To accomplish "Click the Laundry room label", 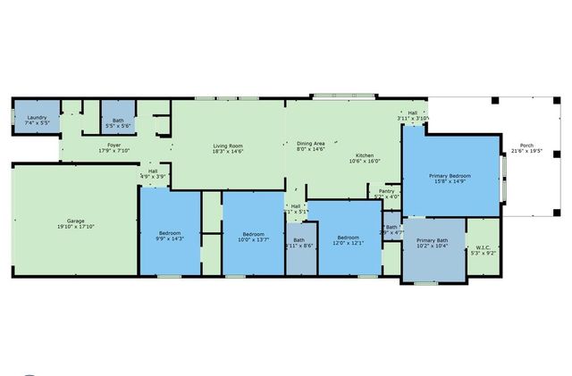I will tap(37, 118).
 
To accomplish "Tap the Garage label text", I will tap(75, 221).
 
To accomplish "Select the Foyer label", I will tap(114, 144).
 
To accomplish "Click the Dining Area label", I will tap(310, 143).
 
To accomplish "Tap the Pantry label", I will tap(386, 190).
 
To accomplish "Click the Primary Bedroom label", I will tap(450, 176).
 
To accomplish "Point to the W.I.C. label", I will tap(483, 247).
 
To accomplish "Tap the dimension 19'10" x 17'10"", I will tap(75, 227).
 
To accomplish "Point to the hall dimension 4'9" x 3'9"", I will tap(153, 177).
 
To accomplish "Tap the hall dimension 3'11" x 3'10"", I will tap(413, 118).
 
